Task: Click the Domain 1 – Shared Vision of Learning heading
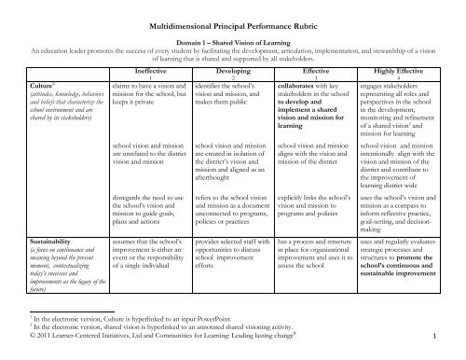tap(233, 45)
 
